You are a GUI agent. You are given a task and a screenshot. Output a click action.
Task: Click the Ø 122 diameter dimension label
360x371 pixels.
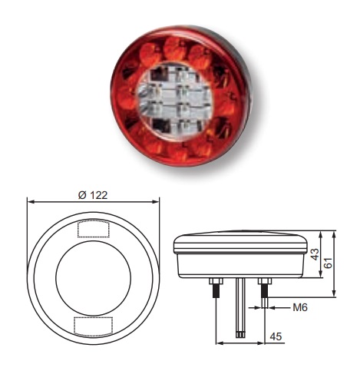[93, 194]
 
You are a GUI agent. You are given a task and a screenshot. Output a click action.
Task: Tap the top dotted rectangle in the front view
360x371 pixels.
[93, 228]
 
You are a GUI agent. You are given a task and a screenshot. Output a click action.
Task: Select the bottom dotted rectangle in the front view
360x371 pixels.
[93, 325]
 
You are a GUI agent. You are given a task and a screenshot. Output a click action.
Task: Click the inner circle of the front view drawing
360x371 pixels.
[93, 276]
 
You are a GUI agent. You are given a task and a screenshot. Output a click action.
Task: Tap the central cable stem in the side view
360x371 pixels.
[240, 307]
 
